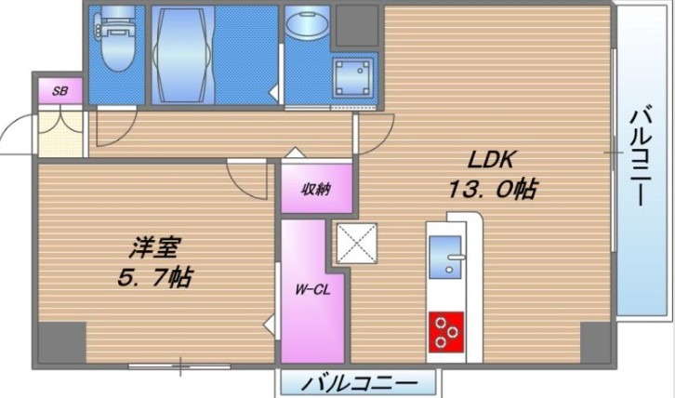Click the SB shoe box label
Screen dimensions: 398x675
point(60,91)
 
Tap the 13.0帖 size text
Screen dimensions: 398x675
point(491,190)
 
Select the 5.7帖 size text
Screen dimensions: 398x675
point(152,277)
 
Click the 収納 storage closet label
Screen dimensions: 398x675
point(317,189)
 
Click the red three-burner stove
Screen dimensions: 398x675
point(446,332)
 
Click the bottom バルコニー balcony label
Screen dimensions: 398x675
point(358,383)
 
